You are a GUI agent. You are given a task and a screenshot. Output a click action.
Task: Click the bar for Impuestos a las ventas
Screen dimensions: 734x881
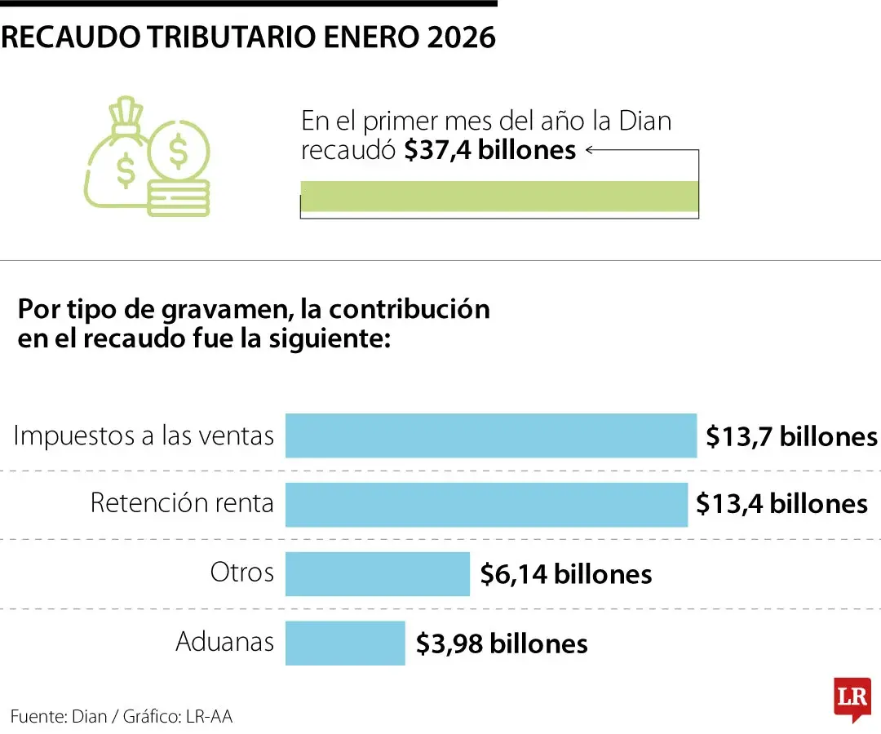[490, 436]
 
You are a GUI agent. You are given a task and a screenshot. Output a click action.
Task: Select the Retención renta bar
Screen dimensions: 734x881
[486, 504]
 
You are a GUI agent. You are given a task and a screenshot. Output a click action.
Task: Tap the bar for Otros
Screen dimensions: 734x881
[377, 573]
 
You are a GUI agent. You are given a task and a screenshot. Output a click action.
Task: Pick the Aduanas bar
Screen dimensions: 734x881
[345, 643]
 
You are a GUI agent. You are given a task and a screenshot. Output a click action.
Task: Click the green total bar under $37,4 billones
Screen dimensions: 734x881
[499, 197]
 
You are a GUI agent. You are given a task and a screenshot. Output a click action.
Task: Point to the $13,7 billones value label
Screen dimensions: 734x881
[791, 436]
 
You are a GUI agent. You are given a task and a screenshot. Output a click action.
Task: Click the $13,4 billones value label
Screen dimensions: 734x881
[781, 504]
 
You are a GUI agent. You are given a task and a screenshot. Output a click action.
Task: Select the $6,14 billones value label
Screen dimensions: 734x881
[566, 574]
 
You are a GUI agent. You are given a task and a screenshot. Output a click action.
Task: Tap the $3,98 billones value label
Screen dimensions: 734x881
[502, 643]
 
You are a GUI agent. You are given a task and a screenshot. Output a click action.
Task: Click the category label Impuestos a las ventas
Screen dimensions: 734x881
[144, 436]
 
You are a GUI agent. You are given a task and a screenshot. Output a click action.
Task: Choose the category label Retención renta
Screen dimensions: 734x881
[182, 503]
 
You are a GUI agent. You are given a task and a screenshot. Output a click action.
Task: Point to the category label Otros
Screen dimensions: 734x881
[242, 572]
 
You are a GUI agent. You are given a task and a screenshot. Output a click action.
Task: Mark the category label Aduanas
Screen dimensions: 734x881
[225, 642]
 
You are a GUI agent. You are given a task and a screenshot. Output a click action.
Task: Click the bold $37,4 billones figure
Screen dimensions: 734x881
[489, 150]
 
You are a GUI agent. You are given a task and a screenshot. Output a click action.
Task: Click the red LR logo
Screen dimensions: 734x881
[852, 697]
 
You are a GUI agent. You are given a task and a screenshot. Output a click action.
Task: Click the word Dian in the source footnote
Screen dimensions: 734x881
[90, 716]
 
